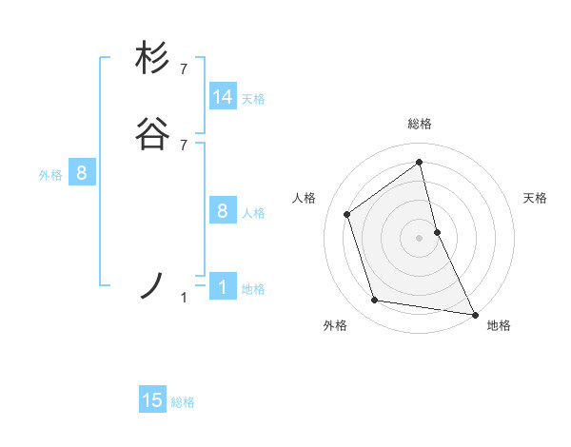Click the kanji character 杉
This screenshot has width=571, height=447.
pos(152,58)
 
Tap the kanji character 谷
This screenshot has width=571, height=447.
pos(152,135)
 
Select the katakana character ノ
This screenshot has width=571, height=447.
pos(152,285)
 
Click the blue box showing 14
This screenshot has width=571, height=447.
pos(223,97)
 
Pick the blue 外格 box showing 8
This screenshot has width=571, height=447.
pos(82,173)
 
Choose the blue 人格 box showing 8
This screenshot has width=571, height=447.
pos(223,211)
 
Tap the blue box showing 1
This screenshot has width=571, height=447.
pos(223,287)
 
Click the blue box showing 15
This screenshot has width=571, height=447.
pos(152,400)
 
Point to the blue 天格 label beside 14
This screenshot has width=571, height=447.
pos(253,98)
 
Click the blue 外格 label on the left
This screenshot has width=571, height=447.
pos(50,174)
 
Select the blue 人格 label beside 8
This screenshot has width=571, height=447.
pos(253,212)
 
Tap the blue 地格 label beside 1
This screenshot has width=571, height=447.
pos(253,288)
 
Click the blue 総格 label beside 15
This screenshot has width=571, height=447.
pos(183,401)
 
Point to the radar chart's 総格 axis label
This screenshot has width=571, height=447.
pos(420,124)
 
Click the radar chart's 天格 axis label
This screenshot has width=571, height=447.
pos(536,198)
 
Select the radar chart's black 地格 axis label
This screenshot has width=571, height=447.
pos(499,325)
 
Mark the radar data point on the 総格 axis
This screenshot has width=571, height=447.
pos(420,162)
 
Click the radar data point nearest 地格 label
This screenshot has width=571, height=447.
pos(473,313)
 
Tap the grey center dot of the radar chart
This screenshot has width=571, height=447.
pos(420,237)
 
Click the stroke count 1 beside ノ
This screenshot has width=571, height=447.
pos(185,298)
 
